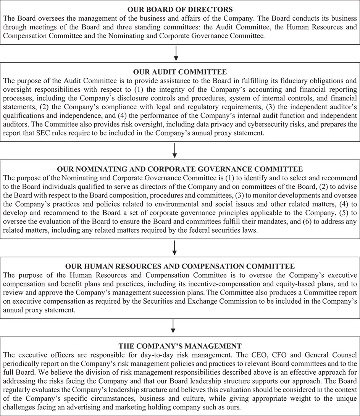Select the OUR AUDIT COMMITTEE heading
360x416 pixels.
click(180, 72)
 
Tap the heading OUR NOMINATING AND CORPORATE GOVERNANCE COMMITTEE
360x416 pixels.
click(180, 168)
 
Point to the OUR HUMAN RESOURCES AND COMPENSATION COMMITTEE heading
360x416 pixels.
click(180, 266)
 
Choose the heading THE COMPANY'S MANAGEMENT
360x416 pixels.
click(180, 346)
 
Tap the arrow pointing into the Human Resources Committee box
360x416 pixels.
click(174, 248)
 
